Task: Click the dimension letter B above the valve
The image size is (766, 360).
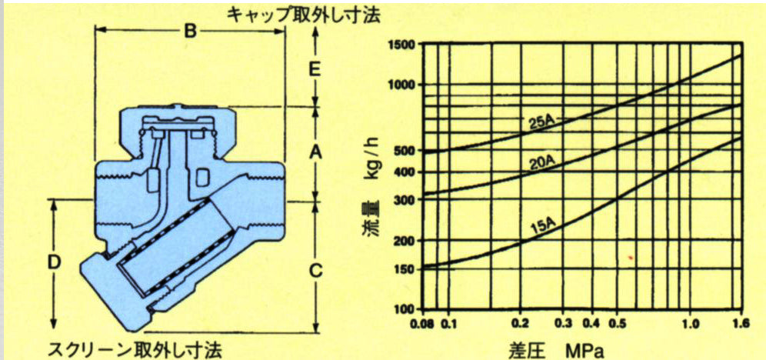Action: click(x=190, y=32)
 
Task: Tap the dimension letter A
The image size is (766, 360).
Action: click(x=315, y=153)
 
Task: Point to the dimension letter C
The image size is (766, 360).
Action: click(x=316, y=269)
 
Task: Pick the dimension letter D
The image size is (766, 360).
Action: click(x=55, y=263)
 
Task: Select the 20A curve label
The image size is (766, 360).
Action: click(x=541, y=164)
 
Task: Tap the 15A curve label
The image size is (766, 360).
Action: click(x=544, y=227)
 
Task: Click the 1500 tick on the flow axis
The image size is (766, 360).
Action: click(x=401, y=45)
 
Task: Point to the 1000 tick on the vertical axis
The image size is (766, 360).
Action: click(x=401, y=85)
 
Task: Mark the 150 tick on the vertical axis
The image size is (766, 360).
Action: click(x=405, y=268)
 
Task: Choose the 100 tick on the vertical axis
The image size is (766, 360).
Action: click(x=405, y=309)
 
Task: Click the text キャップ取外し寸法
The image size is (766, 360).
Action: click(x=303, y=15)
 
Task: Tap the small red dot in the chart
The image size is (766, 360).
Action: click(x=631, y=256)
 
